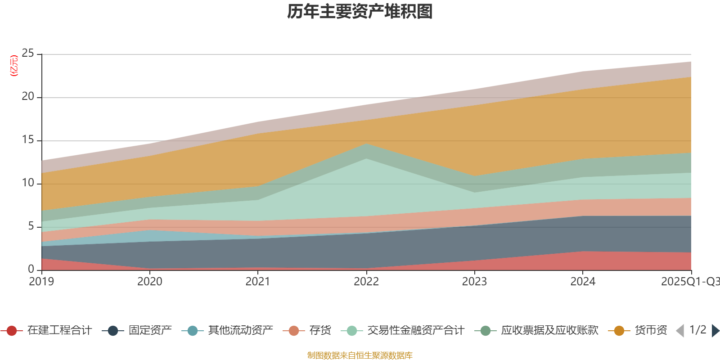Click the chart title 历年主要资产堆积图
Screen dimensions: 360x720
pos(360,12)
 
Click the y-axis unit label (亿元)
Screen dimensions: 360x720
pos(14,66)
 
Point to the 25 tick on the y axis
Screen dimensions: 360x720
pos(28,54)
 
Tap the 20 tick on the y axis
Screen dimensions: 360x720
pos(28,97)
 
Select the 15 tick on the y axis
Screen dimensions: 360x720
pos(28,140)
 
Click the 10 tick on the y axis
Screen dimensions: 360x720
pos(28,183)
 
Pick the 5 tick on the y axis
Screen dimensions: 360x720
pos(31,226)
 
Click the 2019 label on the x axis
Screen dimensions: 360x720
pos(41,282)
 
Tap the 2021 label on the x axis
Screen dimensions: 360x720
pos(258,282)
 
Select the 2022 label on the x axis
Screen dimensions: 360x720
pos(366,282)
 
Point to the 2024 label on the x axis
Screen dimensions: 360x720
pos(583,282)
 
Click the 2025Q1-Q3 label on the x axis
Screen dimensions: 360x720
pos(689,282)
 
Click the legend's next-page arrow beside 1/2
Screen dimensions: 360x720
pos(715,331)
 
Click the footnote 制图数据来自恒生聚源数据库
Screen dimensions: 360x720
pos(360,355)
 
